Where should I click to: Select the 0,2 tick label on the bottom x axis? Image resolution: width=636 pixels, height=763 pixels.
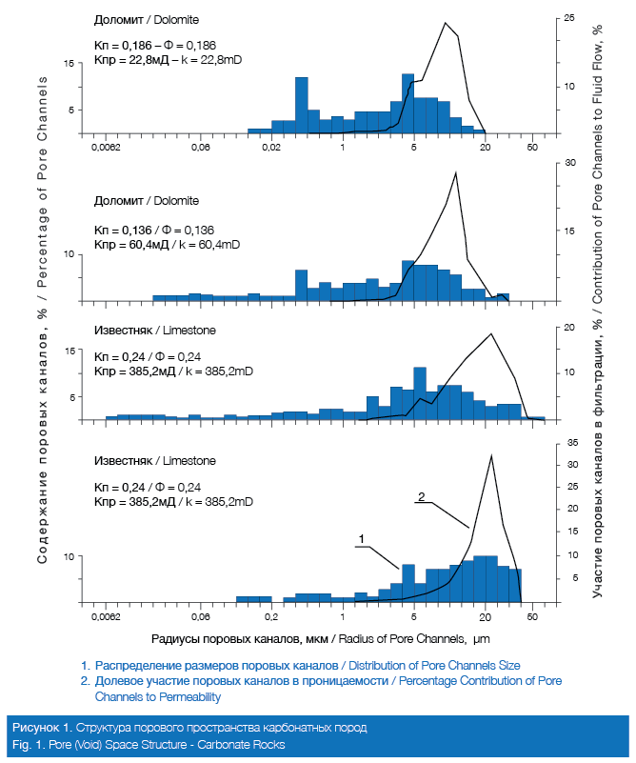(x=271, y=617)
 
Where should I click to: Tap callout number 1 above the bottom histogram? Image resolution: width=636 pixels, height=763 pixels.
(x=362, y=539)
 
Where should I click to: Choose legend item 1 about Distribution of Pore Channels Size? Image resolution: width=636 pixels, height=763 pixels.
(x=301, y=664)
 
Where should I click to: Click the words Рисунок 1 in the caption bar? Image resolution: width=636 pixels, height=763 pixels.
(x=39, y=728)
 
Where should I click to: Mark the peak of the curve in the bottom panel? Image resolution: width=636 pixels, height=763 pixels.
(x=490, y=456)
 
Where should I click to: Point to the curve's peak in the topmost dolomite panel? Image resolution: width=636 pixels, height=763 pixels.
(x=446, y=23)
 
